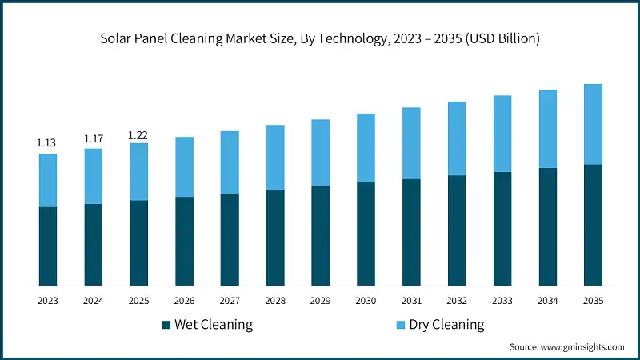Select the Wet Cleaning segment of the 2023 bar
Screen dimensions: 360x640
[x=48, y=246]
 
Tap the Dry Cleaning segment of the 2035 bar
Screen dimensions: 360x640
[x=593, y=124]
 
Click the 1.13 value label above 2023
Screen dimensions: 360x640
[x=46, y=143]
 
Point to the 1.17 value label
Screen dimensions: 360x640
[x=94, y=138]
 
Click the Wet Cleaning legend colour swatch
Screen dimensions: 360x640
[x=166, y=325]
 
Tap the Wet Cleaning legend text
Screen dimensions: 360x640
[x=214, y=325]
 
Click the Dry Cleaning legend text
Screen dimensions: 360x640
[x=446, y=325]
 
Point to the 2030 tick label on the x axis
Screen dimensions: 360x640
[x=366, y=301]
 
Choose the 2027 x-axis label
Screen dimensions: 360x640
[x=230, y=301]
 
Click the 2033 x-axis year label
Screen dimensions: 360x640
[x=502, y=301]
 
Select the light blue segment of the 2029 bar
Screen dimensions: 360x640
[x=320, y=153]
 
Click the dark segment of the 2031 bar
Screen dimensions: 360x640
[x=411, y=232]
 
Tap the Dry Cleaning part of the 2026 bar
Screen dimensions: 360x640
[x=184, y=166]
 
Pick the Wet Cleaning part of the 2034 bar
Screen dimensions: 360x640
[x=547, y=226]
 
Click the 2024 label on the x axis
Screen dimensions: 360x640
[x=94, y=301]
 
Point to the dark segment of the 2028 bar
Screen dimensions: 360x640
[x=275, y=238]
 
